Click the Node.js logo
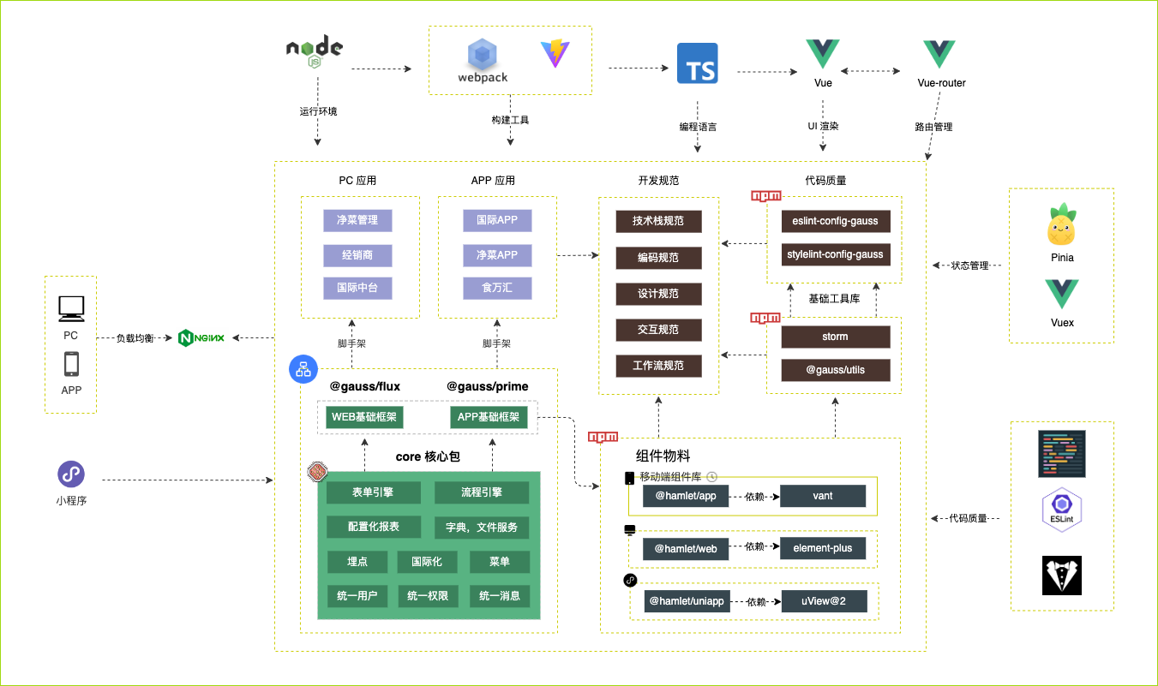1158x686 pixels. click(x=315, y=53)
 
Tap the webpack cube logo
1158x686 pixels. click(x=483, y=56)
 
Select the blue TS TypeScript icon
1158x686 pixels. click(x=698, y=63)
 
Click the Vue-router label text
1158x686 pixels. click(x=941, y=83)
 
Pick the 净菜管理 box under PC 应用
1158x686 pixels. click(x=357, y=220)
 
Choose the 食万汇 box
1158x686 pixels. click(x=496, y=287)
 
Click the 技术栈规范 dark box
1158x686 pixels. click(x=658, y=221)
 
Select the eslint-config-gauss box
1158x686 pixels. click(x=835, y=221)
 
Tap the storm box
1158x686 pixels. click(x=835, y=337)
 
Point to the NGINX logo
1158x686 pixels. click(x=201, y=337)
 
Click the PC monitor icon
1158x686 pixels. click(x=70, y=308)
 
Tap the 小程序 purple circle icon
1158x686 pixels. click(x=71, y=474)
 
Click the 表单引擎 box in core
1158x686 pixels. click(x=374, y=492)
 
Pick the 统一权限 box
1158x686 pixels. click(x=429, y=595)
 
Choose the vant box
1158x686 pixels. click(x=823, y=496)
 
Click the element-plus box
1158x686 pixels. click(x=823, y=548)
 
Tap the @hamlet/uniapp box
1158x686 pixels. click(x=686, y=601)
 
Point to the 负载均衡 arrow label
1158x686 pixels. click(x=136, y=337)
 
